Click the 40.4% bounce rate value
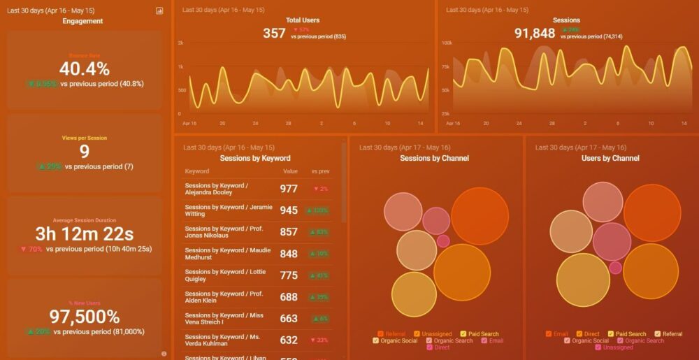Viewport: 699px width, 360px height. pos(84,69)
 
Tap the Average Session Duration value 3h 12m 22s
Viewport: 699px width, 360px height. pos(84,233)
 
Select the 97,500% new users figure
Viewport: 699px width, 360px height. pos(84,317)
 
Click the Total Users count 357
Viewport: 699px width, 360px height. pos(274,33)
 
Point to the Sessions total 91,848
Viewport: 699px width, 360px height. pos(535,33)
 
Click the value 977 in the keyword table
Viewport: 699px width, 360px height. pos(289,189)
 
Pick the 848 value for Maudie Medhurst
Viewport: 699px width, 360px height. pos(289,254)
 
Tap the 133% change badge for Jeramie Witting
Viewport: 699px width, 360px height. pos(318,210)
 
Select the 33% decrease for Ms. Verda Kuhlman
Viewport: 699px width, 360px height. pos(319,340)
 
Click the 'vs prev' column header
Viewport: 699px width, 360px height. pos(320,171)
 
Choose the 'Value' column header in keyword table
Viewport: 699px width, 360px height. pos(290,171)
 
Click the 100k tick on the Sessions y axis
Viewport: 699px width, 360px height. pos(445,43)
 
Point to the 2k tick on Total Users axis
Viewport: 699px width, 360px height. pos(180,43)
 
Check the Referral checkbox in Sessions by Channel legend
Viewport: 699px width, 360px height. pos(381,334)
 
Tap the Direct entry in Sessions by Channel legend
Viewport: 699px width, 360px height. pos(429,347)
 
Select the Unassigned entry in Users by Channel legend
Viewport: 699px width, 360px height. pos(598,347)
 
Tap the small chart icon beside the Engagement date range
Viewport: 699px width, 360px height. pos(159,10)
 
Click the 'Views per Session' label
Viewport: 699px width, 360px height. pos(84,138)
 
